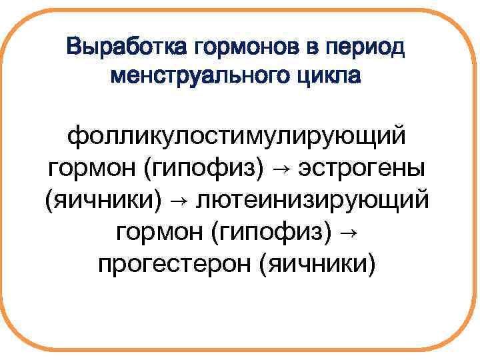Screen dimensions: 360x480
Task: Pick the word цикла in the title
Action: tap(325, 75)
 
